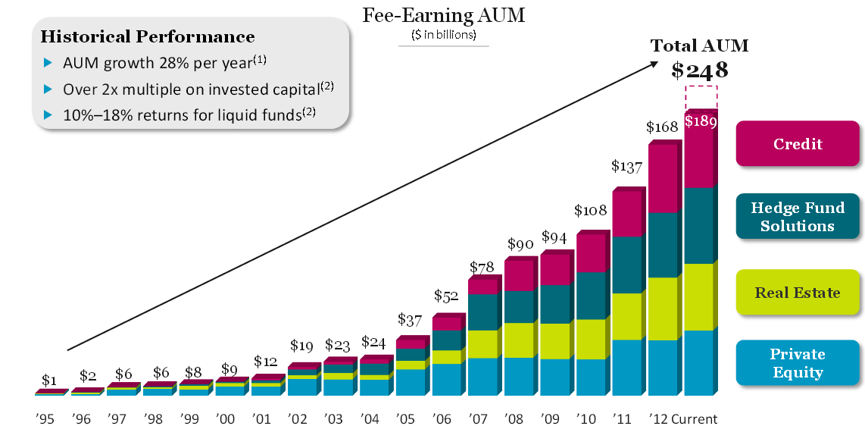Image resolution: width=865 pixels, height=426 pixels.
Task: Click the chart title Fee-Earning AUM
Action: (444, 14)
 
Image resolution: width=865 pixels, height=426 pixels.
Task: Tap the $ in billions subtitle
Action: (444, 34)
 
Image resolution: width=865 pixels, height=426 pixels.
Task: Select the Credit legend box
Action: (798, 144)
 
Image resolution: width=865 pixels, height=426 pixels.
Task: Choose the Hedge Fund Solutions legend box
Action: (798, 217)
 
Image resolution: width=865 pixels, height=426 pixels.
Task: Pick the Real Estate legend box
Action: (798, 293)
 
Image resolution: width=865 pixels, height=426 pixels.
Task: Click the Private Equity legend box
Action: (798, 363)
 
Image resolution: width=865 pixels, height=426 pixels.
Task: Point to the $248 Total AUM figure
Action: (700, 70)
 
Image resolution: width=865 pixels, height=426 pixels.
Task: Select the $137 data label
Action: (628, 166)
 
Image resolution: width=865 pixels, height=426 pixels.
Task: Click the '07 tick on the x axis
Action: (478, 418)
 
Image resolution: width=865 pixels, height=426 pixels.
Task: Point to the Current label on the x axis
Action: (694, 418)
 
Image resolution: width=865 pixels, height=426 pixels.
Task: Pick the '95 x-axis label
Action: (45, 418)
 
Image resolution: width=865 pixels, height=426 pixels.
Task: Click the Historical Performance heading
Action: (148, 36)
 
